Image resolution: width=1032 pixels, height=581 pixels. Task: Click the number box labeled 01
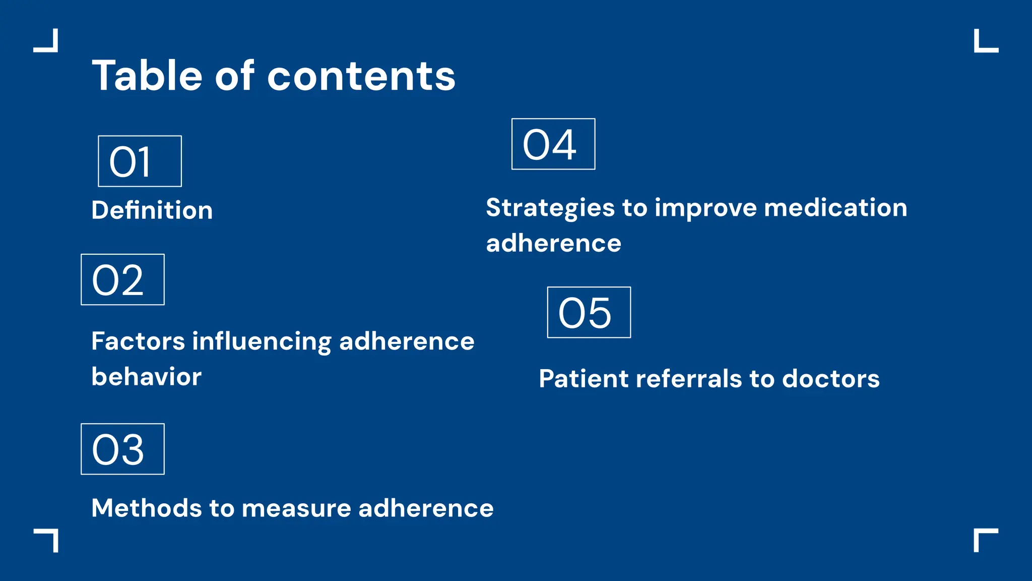pyautogui.click(x=140, y=161)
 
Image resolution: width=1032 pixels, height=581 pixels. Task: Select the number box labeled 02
pyautogui.click(x=122, y=280)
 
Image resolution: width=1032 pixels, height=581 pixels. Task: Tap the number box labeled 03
pyautogui.click(x=122, y=449)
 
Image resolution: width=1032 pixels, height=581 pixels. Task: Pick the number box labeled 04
pyautogui.click(x=553, y=144)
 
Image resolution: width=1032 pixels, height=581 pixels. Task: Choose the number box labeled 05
pyautogui.click(x=589, y=313)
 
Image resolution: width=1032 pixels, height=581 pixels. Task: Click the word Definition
pyautogui.click(x=152, y=210)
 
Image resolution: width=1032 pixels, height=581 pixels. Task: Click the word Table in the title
pyautogui.click(x=147, y=76)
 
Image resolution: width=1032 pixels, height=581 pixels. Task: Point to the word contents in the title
pyautogui.click(x=361, y=77)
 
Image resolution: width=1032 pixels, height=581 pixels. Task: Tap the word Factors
pyautogui.click(x=138, y=341)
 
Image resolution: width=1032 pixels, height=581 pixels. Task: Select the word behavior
pyautogui.click(x=146, y=377)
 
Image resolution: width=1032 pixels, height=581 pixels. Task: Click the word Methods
pyautogui.click(x=146, y=508)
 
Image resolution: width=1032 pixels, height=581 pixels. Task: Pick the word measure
pyautogui.click(x=296, y=509)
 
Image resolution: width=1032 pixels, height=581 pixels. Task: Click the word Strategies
pyautogui.click(x=550, y=208)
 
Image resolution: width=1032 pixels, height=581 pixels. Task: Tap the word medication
pyautogui.click(x=835, y=208)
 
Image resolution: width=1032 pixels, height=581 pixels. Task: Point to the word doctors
pyautogui.click(x=830, y=379)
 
